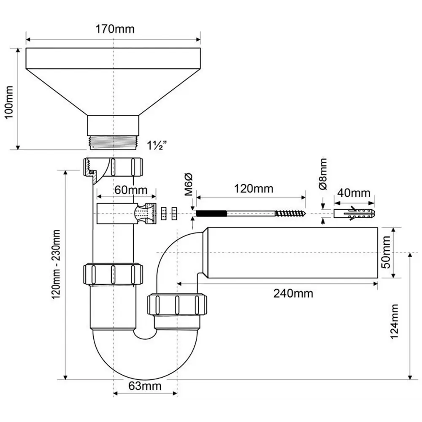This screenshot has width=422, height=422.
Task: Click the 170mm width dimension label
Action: coord(113,29)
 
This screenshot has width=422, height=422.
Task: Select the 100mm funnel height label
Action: coord(9,102)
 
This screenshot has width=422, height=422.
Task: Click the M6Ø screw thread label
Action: coord(188,184)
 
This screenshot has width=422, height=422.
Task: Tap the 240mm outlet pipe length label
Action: coord(293,293)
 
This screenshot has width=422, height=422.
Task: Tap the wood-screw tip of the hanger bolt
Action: coord(291,214)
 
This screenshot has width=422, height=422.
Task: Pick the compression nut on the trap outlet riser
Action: coord(177,305)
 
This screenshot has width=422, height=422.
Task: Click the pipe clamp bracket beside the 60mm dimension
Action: coord(127,214)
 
